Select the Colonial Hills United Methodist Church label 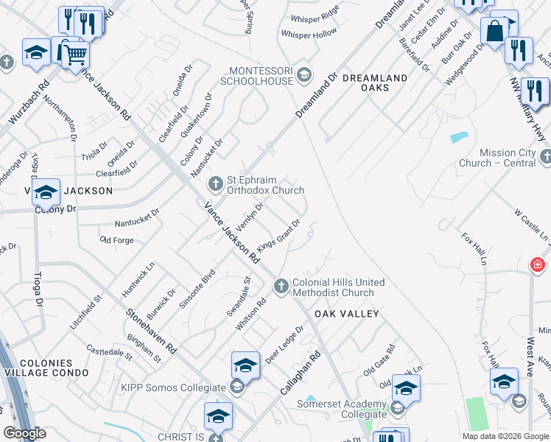[x=338, y=287]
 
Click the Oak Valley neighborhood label [x=346, y=314]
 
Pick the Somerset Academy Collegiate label [x=341, y=409]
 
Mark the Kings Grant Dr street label [x=278, y=235]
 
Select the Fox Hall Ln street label [x=474, y=249]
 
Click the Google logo [x=24, y=433]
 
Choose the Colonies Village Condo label [x=46, y=368]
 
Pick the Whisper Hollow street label [x=309, y=34]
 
